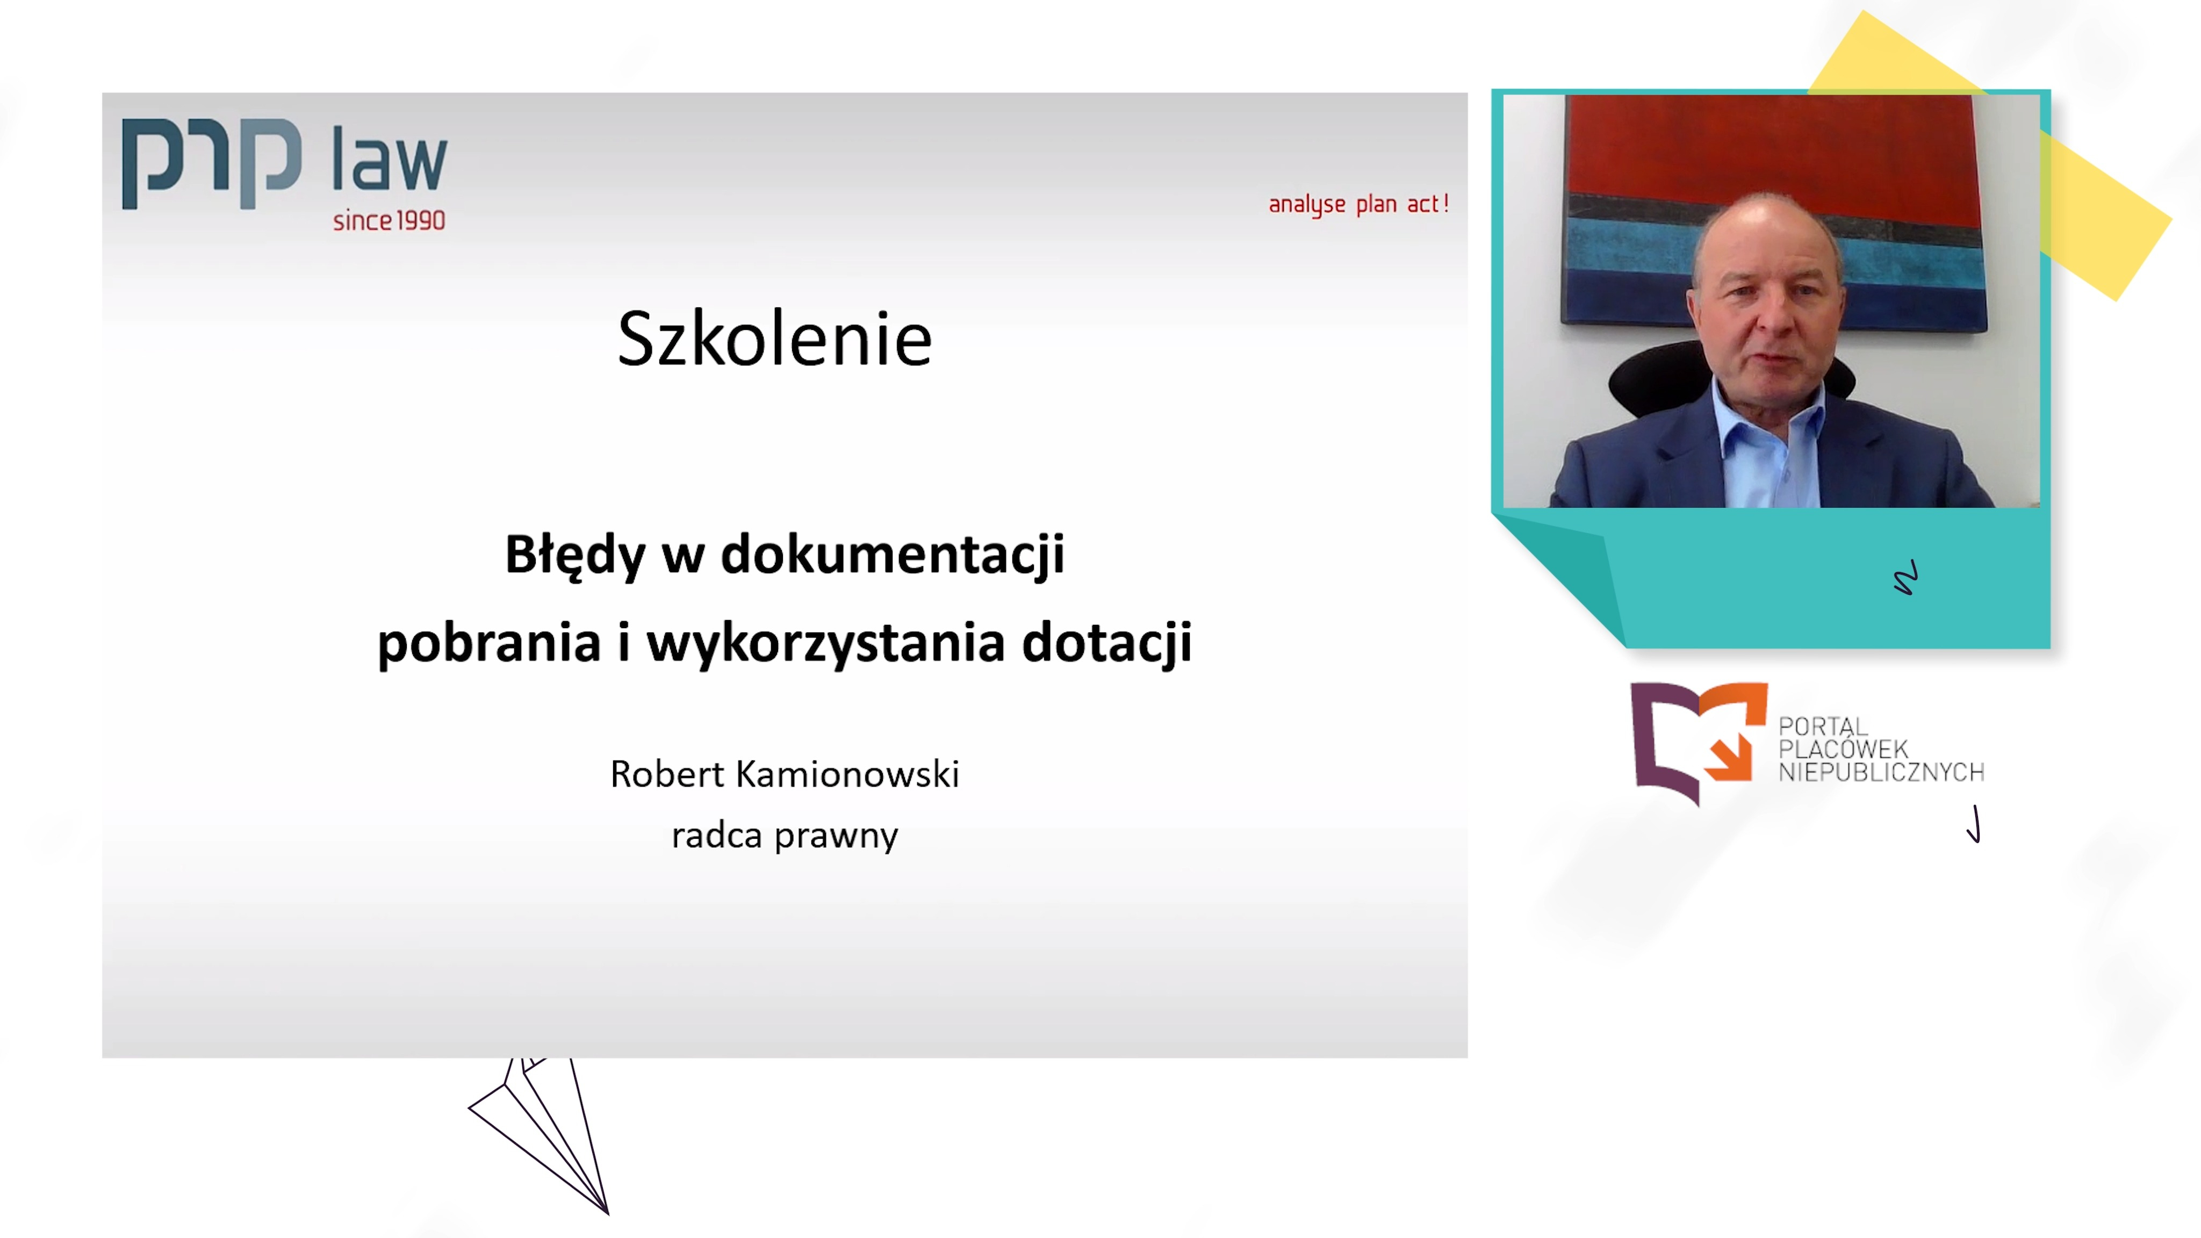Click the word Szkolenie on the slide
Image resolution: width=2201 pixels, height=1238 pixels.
(x=774, y=339)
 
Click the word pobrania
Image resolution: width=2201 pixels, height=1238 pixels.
(x=489, y=643)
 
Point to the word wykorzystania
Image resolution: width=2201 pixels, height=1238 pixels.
(x=825, y=643)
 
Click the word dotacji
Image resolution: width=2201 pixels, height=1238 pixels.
(x=1107, y=643)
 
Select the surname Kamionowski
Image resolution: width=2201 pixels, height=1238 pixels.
(x=847, y=774)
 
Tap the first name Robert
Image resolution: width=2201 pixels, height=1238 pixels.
(x=667, y=774)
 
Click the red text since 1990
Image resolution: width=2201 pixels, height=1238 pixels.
(x=389, y=220)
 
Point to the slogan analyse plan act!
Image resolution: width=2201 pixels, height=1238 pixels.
(x=1358, y=204)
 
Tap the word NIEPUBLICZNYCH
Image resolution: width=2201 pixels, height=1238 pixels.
(x=1881, y=772)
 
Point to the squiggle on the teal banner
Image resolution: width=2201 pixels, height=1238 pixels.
(x=1906, y=578)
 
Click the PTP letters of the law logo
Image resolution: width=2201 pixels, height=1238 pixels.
(x=212, y=162)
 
